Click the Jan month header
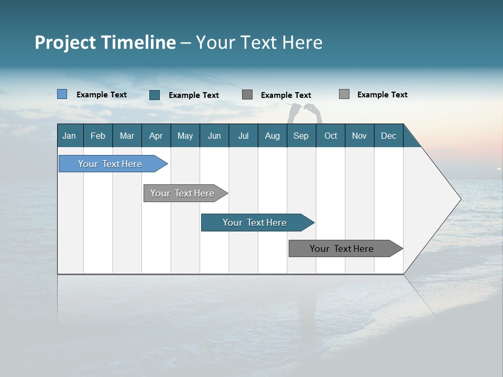click(x=69, y=136)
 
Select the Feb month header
click(x=98, y=136)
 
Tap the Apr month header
click(x=156, y=136)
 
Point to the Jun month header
click(x=214, y=136)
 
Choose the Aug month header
click(x=272, y=136)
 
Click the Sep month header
click(x=301, y=136)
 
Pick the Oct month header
click(x=331, y=136)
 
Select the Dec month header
click(x=389, y=136)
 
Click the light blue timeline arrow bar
click(x=111, y=164)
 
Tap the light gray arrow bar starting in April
click(x=183, y=193)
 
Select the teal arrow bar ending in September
click(x=255, y=223)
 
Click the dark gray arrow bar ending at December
click(x=342, y=249)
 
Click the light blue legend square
click(x=62, y=94)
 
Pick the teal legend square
click(x=155, y=95)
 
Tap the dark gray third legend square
click(x=247, y=95)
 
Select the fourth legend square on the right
click(x=344, y=94)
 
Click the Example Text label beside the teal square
click(x=194, y=95)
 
